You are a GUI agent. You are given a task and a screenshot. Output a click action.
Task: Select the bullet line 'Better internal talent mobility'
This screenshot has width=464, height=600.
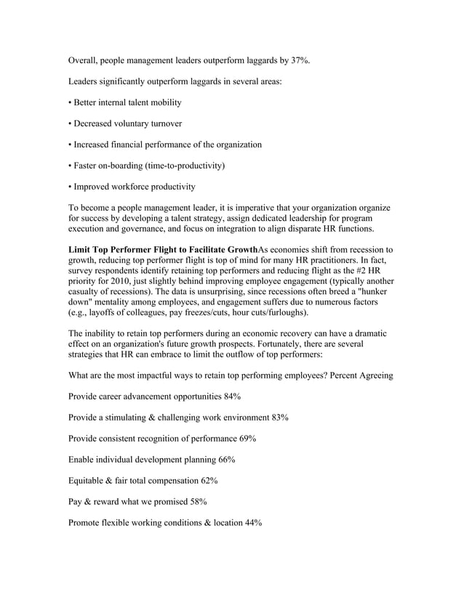click(125, 102)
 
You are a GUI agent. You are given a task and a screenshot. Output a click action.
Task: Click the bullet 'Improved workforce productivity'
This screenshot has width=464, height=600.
click(132, 187)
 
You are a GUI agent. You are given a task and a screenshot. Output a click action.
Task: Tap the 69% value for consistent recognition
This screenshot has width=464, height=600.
click(247, 439)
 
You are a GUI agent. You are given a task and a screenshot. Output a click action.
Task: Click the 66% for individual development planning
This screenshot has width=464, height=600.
click(226, 460)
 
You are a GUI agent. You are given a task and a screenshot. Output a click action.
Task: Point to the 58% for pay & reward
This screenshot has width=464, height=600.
click(197, 502)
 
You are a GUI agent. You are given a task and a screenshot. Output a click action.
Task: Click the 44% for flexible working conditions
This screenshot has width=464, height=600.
click(253, 523)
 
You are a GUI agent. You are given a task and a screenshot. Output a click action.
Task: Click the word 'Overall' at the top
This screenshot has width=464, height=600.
click(84, 61)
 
